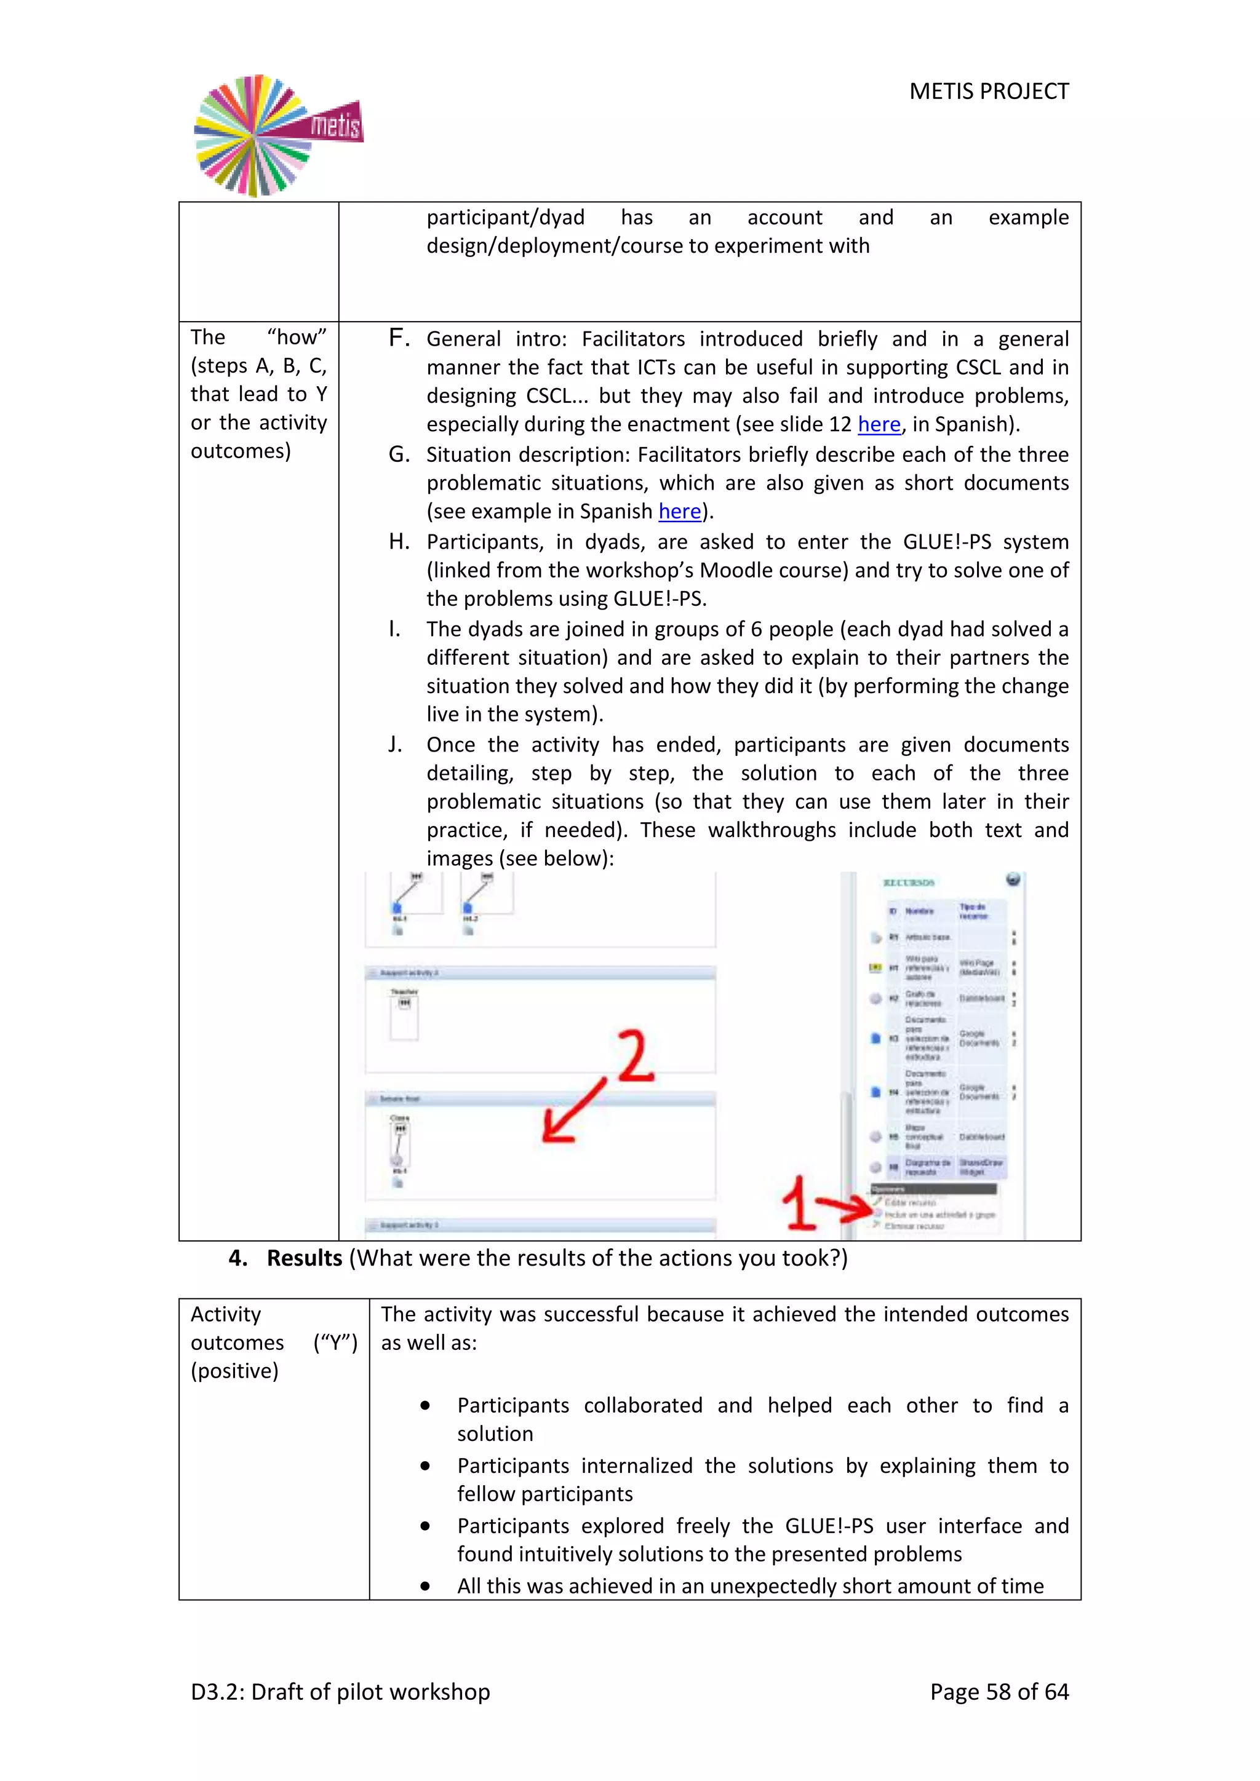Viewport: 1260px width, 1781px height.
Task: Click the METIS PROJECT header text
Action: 989,92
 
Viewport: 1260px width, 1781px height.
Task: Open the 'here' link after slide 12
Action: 879,424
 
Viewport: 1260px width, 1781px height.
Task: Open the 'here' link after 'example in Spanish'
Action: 680,511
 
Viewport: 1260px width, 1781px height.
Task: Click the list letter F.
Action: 399,338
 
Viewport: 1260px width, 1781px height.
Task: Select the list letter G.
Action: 399,454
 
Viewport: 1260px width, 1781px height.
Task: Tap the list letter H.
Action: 399,541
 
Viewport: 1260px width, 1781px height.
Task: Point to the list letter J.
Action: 395,745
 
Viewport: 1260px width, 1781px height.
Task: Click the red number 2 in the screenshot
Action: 636,1056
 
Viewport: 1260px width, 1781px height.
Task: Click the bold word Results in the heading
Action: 304,1258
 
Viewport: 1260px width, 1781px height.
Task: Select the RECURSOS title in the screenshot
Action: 909,883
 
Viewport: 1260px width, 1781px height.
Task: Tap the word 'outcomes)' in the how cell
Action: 241,451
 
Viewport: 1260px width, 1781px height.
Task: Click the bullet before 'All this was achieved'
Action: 425,1586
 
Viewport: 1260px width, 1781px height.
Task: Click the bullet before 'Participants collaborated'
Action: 425,1406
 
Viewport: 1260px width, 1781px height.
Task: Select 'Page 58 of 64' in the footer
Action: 999,1692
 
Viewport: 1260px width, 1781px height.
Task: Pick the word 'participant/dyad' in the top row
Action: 505,218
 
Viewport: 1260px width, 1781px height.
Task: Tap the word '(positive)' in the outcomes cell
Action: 234,1371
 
